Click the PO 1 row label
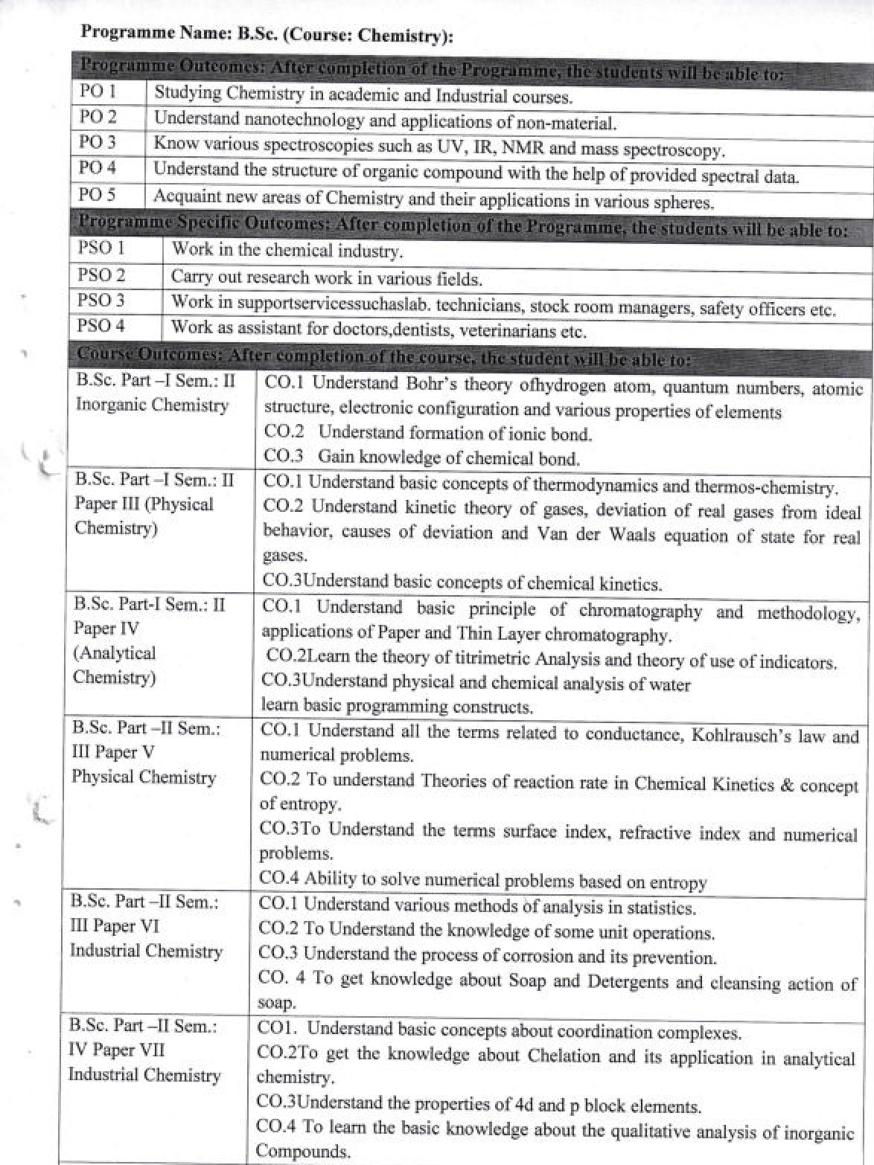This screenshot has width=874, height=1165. pyautogui.click(x=98, y=92)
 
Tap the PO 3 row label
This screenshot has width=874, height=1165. pyautogui.click(x=98, y=141)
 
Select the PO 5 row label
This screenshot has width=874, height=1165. pyautogui.click(x=98, y=195)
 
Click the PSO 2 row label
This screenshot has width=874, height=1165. pyautogui.click(x=101, y=275)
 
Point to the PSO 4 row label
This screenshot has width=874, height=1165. pyautogui.click(x=101, y=325)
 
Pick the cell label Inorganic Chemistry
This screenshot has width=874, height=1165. pyautogui.click(x=152, y=405)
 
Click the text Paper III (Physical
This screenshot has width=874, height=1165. pyautogui.click(x=144, y=504)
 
